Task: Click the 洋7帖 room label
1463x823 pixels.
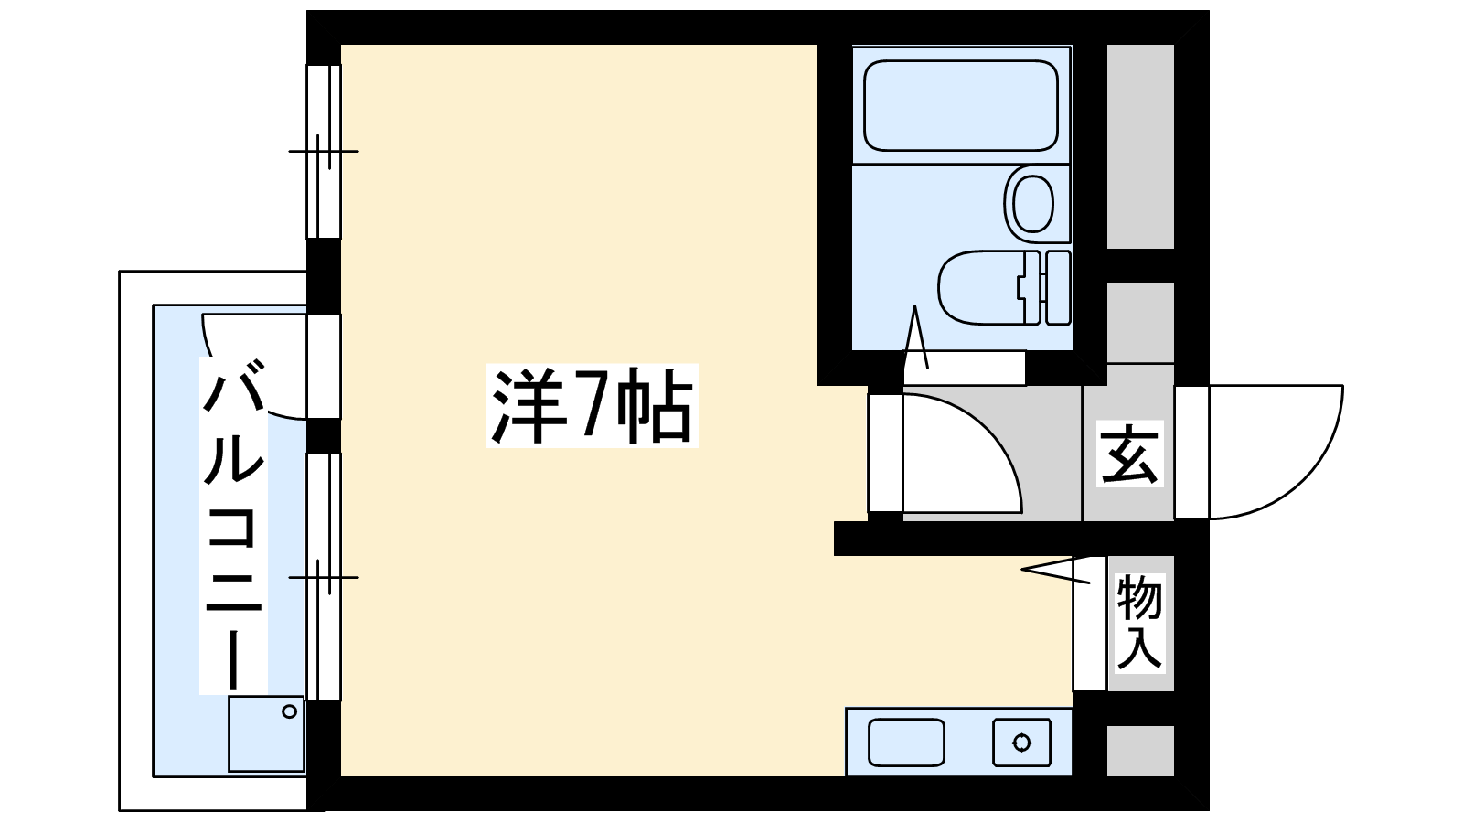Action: tap(593, 406)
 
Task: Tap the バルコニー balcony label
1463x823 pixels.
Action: tap(233, 525)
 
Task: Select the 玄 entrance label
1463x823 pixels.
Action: tap(1130, 454)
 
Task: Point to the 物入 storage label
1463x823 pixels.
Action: tap(1139, 623)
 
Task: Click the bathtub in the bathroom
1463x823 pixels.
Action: tap(961, 106)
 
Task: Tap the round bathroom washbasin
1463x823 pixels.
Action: tap(1032, 204)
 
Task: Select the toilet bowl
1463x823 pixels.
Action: tap(988, 287)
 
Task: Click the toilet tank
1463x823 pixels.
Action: tap(1058, 287)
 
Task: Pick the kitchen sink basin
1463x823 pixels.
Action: tap(906, 743)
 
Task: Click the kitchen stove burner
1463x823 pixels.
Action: tap(1021, 743)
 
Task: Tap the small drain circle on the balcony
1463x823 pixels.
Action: tap(289, 712)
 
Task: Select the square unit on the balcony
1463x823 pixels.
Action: tap(266, 734)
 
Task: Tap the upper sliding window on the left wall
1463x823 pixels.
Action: tap(324, 152)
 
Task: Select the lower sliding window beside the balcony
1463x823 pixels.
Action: tap(324, 577)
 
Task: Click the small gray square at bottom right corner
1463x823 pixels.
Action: tap(1140, 751)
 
